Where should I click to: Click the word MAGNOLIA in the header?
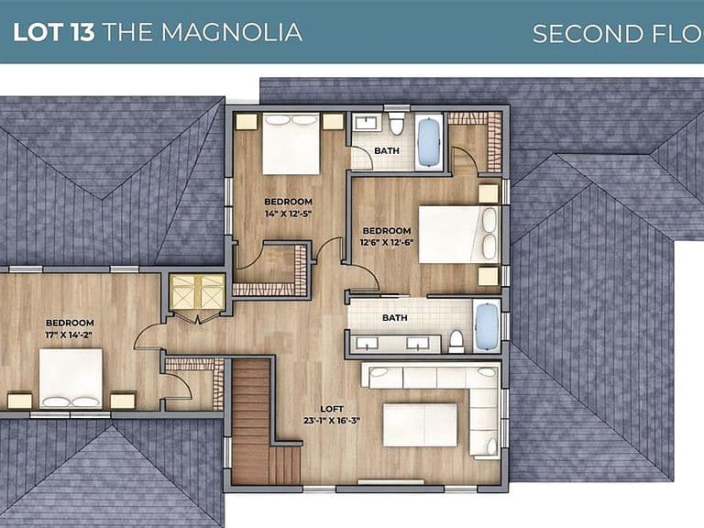231,32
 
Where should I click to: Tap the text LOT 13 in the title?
54,32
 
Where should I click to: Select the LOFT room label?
332,409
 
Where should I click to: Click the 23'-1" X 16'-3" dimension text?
332,421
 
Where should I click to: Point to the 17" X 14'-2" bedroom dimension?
70,335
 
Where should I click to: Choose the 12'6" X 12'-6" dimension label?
387,242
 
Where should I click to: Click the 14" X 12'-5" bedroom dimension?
288,214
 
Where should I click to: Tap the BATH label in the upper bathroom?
387,151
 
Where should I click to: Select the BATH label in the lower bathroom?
395,318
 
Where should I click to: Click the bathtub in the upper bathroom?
429,142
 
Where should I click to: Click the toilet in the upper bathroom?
396,125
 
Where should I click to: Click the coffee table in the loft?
420,424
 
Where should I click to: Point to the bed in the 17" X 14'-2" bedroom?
71,379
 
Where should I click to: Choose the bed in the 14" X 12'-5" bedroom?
291,144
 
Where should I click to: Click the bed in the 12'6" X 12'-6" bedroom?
459,235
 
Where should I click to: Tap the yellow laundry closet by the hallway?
198,291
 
